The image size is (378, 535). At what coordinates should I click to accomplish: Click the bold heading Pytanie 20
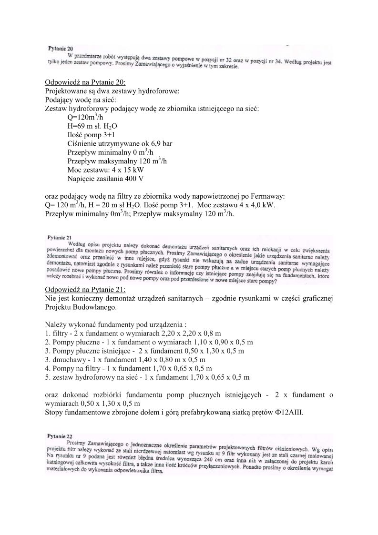click(x=60, y=49)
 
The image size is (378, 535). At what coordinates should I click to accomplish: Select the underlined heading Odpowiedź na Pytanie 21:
click(x=85, y=290)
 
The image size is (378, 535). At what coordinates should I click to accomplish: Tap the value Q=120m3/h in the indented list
click(x=86, y=118)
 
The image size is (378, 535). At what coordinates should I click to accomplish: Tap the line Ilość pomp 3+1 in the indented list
click(x=88, y=135)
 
